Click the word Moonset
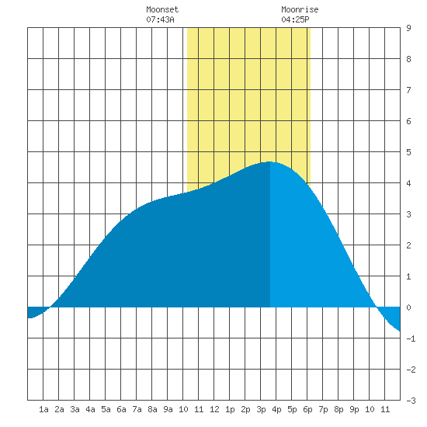click(x=162, y=9)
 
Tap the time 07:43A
click(x=160, y=19)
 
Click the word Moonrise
click(x=300, y=9)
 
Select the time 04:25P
click(x=295, y=19)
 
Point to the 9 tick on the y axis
click(x=408, y=28)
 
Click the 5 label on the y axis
click(x=408, y=152)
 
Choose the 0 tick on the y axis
click(x=408, y=307)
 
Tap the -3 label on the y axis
click(x=411, y=401)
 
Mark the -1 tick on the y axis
click(x=411, y=338)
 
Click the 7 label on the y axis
click(x=408, y=90)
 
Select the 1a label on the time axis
click(x=43, y=409)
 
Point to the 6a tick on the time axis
click(x=121, y=409)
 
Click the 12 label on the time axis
click(x=214, y=409)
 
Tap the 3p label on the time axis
click(x=261, y=409)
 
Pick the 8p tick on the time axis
click(x=338, y=409)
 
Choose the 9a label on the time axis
click(x=168, y=409)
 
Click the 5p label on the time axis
click(x=292, y=409)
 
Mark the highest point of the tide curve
click(x=269, y=161)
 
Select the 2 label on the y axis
click(x=408, y=245)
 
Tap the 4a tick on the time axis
click(x=90, y=409)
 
